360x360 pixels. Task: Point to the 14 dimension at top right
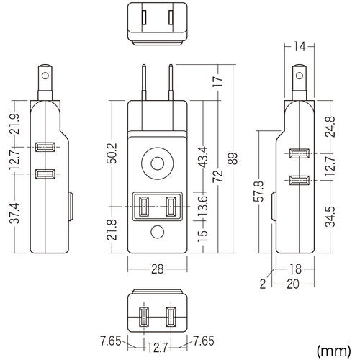click(299, 47)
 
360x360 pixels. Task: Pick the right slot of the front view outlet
click(171, 207)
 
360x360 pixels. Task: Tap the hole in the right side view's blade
click(298, 74)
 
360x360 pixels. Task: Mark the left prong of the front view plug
click(148, 81)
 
